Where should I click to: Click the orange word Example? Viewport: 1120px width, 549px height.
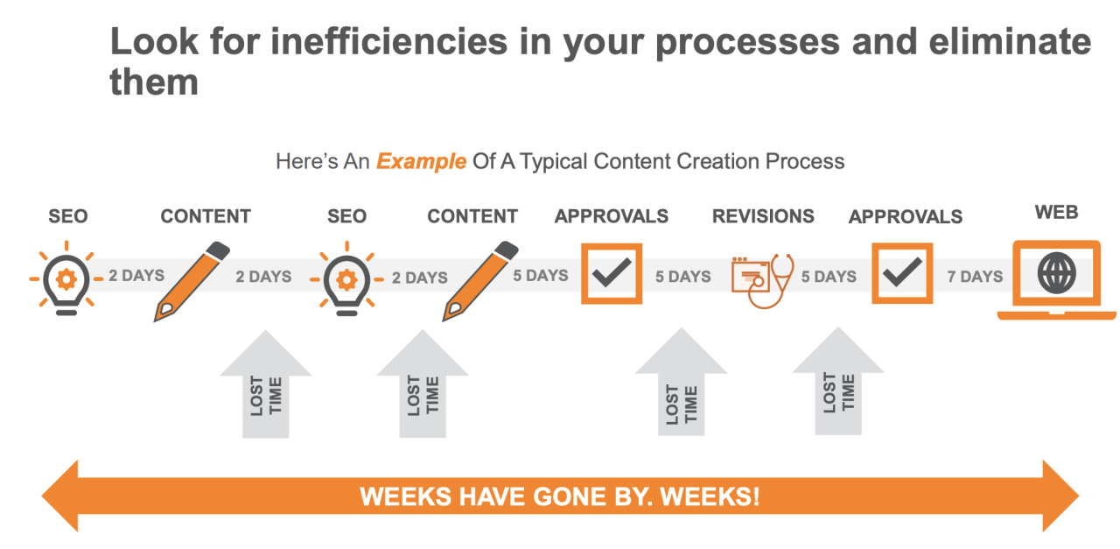coord(421,162)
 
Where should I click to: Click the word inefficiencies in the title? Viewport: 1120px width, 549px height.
coord(389,42)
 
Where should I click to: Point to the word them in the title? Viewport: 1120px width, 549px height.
coord(154,82)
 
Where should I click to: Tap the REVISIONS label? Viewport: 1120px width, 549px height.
coord(763,216)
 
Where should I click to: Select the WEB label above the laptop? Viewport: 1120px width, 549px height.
coord(1056,212)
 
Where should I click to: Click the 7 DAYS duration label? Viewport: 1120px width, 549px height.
coord(975,277)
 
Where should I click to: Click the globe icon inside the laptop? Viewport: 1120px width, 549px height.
coord(1056,273)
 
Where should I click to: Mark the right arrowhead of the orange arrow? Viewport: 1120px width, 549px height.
coord(1060,496)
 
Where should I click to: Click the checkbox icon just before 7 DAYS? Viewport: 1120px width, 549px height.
coord(902,273)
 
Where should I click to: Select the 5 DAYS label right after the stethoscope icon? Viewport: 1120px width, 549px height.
coord(829,277)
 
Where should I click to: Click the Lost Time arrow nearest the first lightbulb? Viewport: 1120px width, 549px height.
coord(265,384)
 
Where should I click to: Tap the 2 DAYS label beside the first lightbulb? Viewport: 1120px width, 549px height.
coord(136,275)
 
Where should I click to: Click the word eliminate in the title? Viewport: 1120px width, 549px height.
coord(1010,42)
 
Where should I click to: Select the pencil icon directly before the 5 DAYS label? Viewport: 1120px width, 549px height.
coord(480,281)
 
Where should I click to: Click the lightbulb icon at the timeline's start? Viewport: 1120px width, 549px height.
coord(66,278)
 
